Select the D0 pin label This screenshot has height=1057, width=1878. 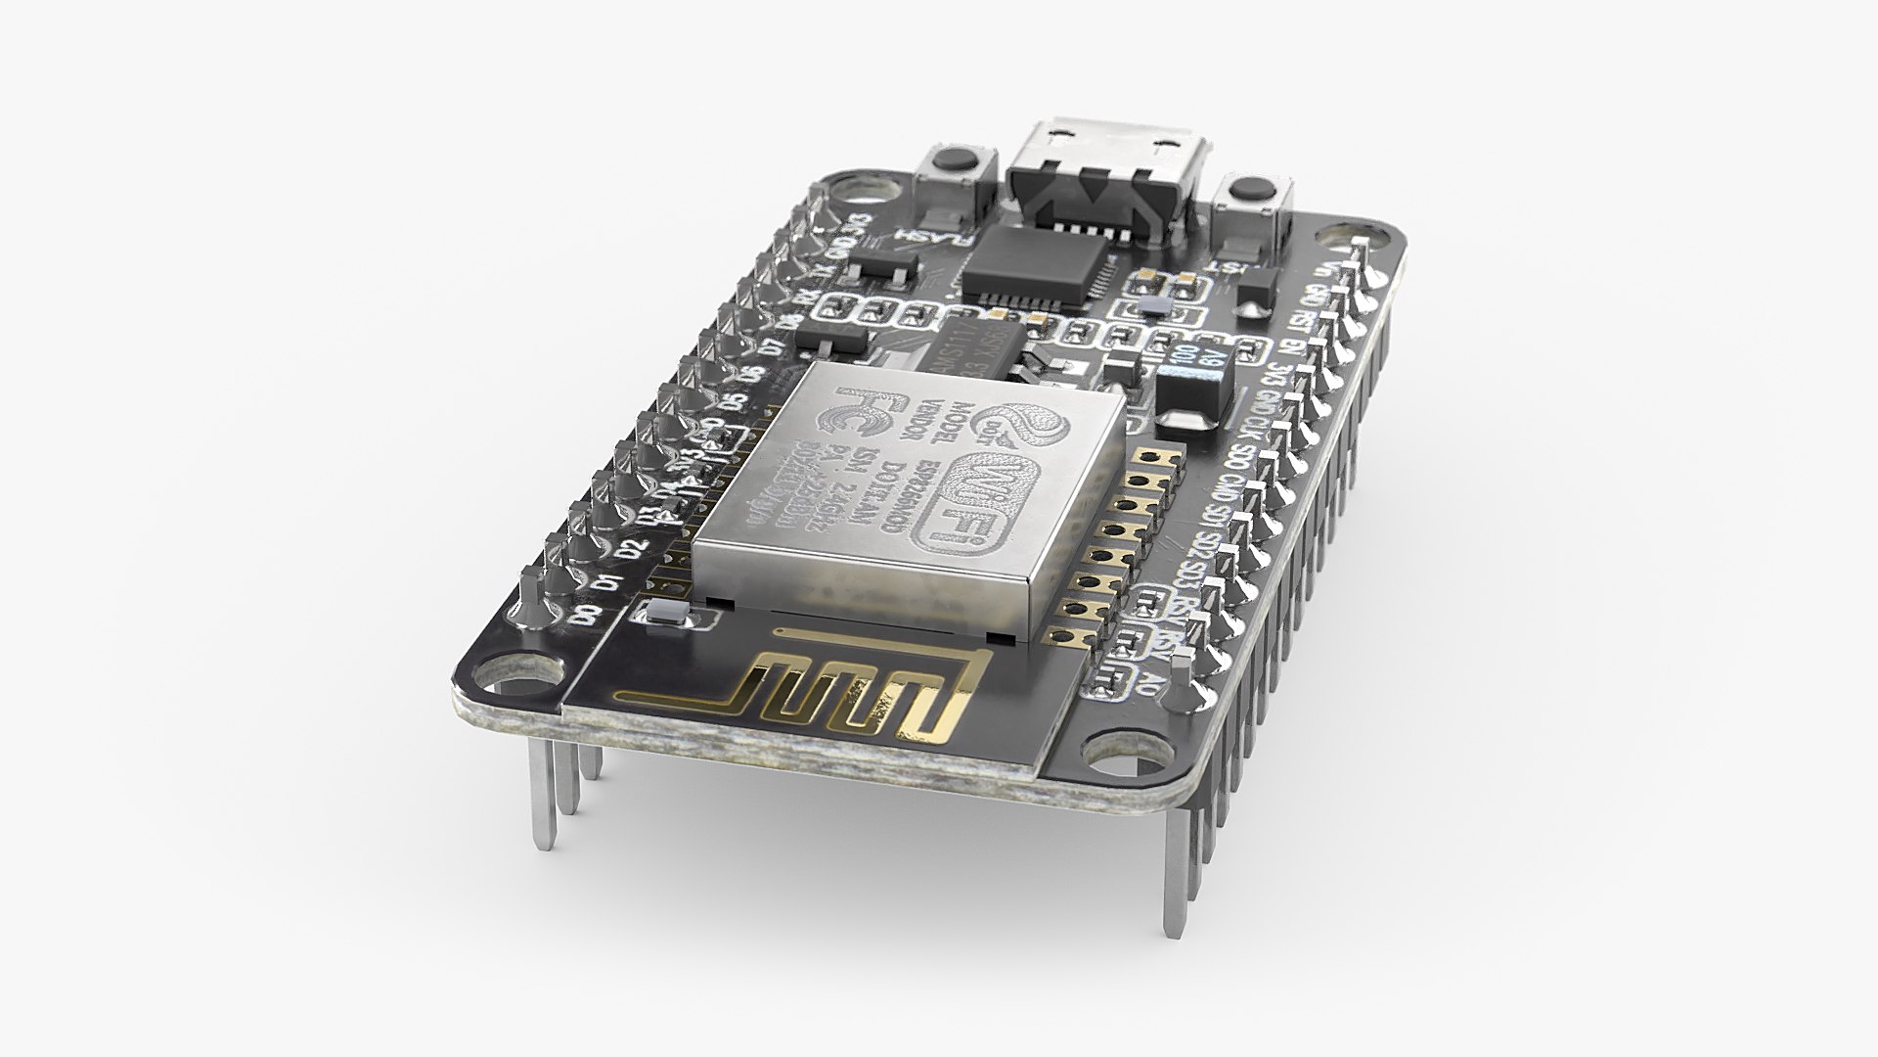pyautogui.click(x=586, y=617)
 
